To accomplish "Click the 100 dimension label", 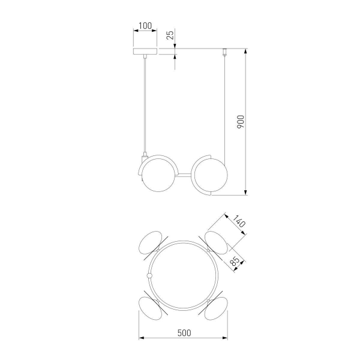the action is click(x=145, y=25).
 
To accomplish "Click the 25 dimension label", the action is click(x=170, y=35).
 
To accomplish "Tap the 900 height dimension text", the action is click(x=241, y=122).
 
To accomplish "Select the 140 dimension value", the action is click(x=239, y=221).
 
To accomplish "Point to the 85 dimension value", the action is click(x=235, y=261).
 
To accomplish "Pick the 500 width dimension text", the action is click(x=184, y=332).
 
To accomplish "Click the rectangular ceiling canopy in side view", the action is click(x=145, y=52).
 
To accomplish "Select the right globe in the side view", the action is click(x=211, y=175).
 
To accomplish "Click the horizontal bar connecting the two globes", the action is click(x=184, y=175).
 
